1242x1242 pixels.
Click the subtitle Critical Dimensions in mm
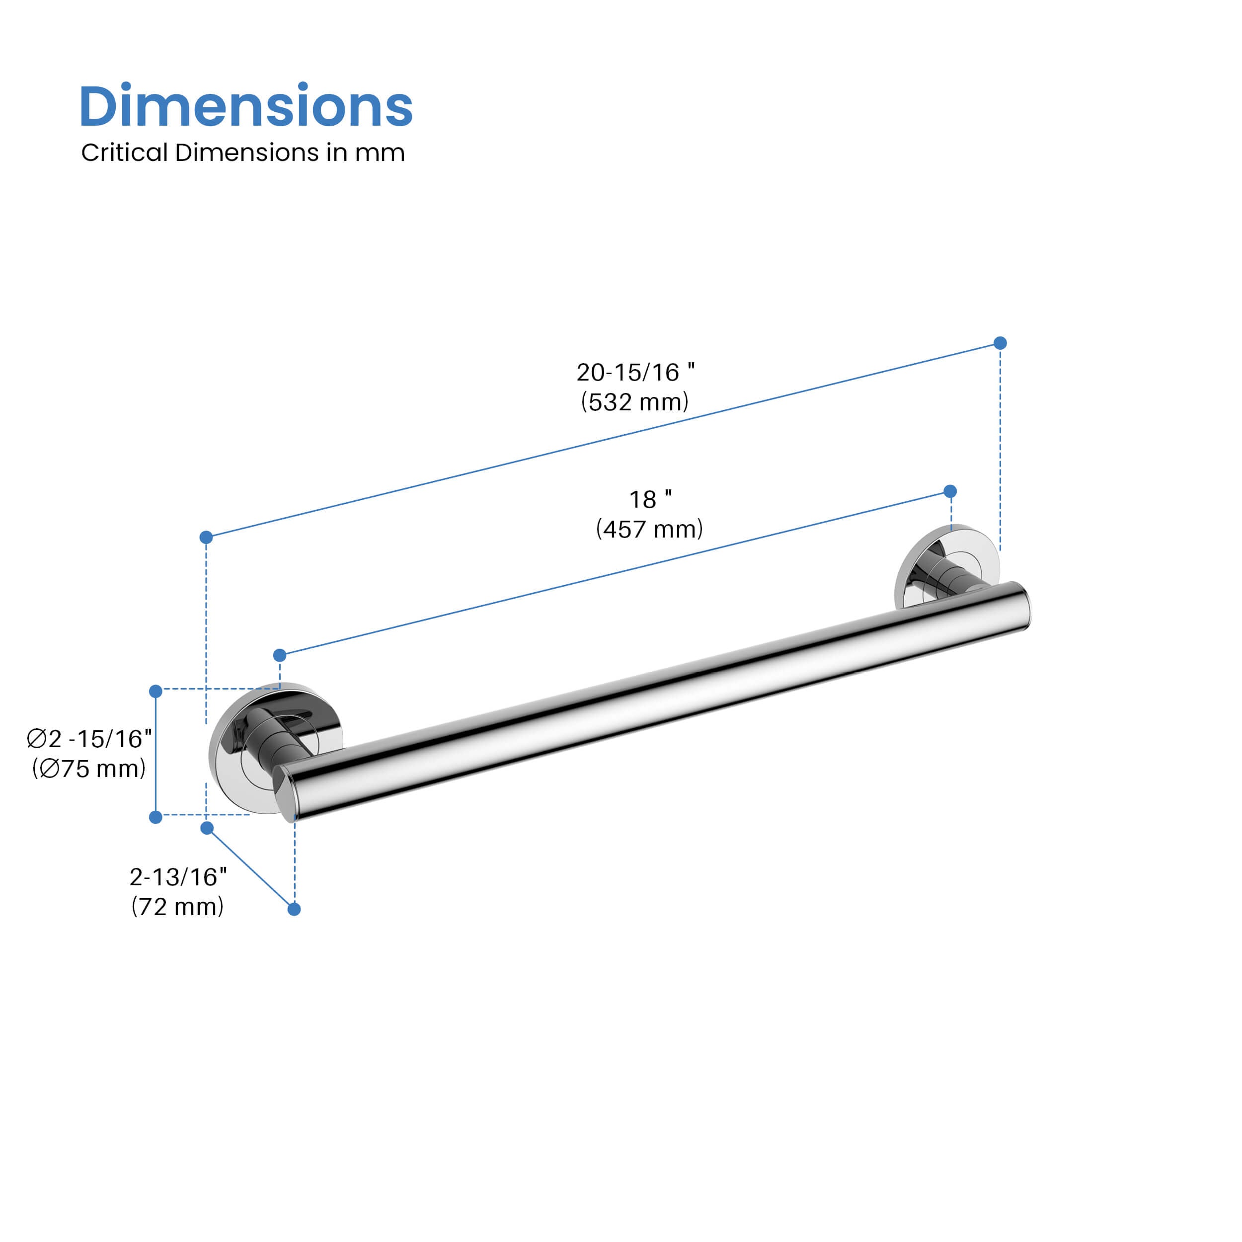click(242, 153)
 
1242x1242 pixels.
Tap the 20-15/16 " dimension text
click(635, 372)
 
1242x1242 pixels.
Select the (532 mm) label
click(634, 402)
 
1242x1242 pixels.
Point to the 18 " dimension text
click(650, 499)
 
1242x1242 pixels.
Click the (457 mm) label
click(649, 529)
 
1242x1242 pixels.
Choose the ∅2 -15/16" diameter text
click(89, 739)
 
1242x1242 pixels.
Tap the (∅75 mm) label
click(89, 769)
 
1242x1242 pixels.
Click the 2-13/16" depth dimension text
click(178, 877)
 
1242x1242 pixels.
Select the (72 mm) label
click(177, 907)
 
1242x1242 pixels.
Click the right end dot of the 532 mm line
click(1000, 343)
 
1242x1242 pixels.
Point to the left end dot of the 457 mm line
click(280, 655)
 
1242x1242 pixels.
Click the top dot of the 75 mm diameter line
click(155, 691)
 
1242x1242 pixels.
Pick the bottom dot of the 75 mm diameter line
click(155, 817)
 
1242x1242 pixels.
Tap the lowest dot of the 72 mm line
click(294, 909)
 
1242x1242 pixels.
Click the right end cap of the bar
click(1022, 607)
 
